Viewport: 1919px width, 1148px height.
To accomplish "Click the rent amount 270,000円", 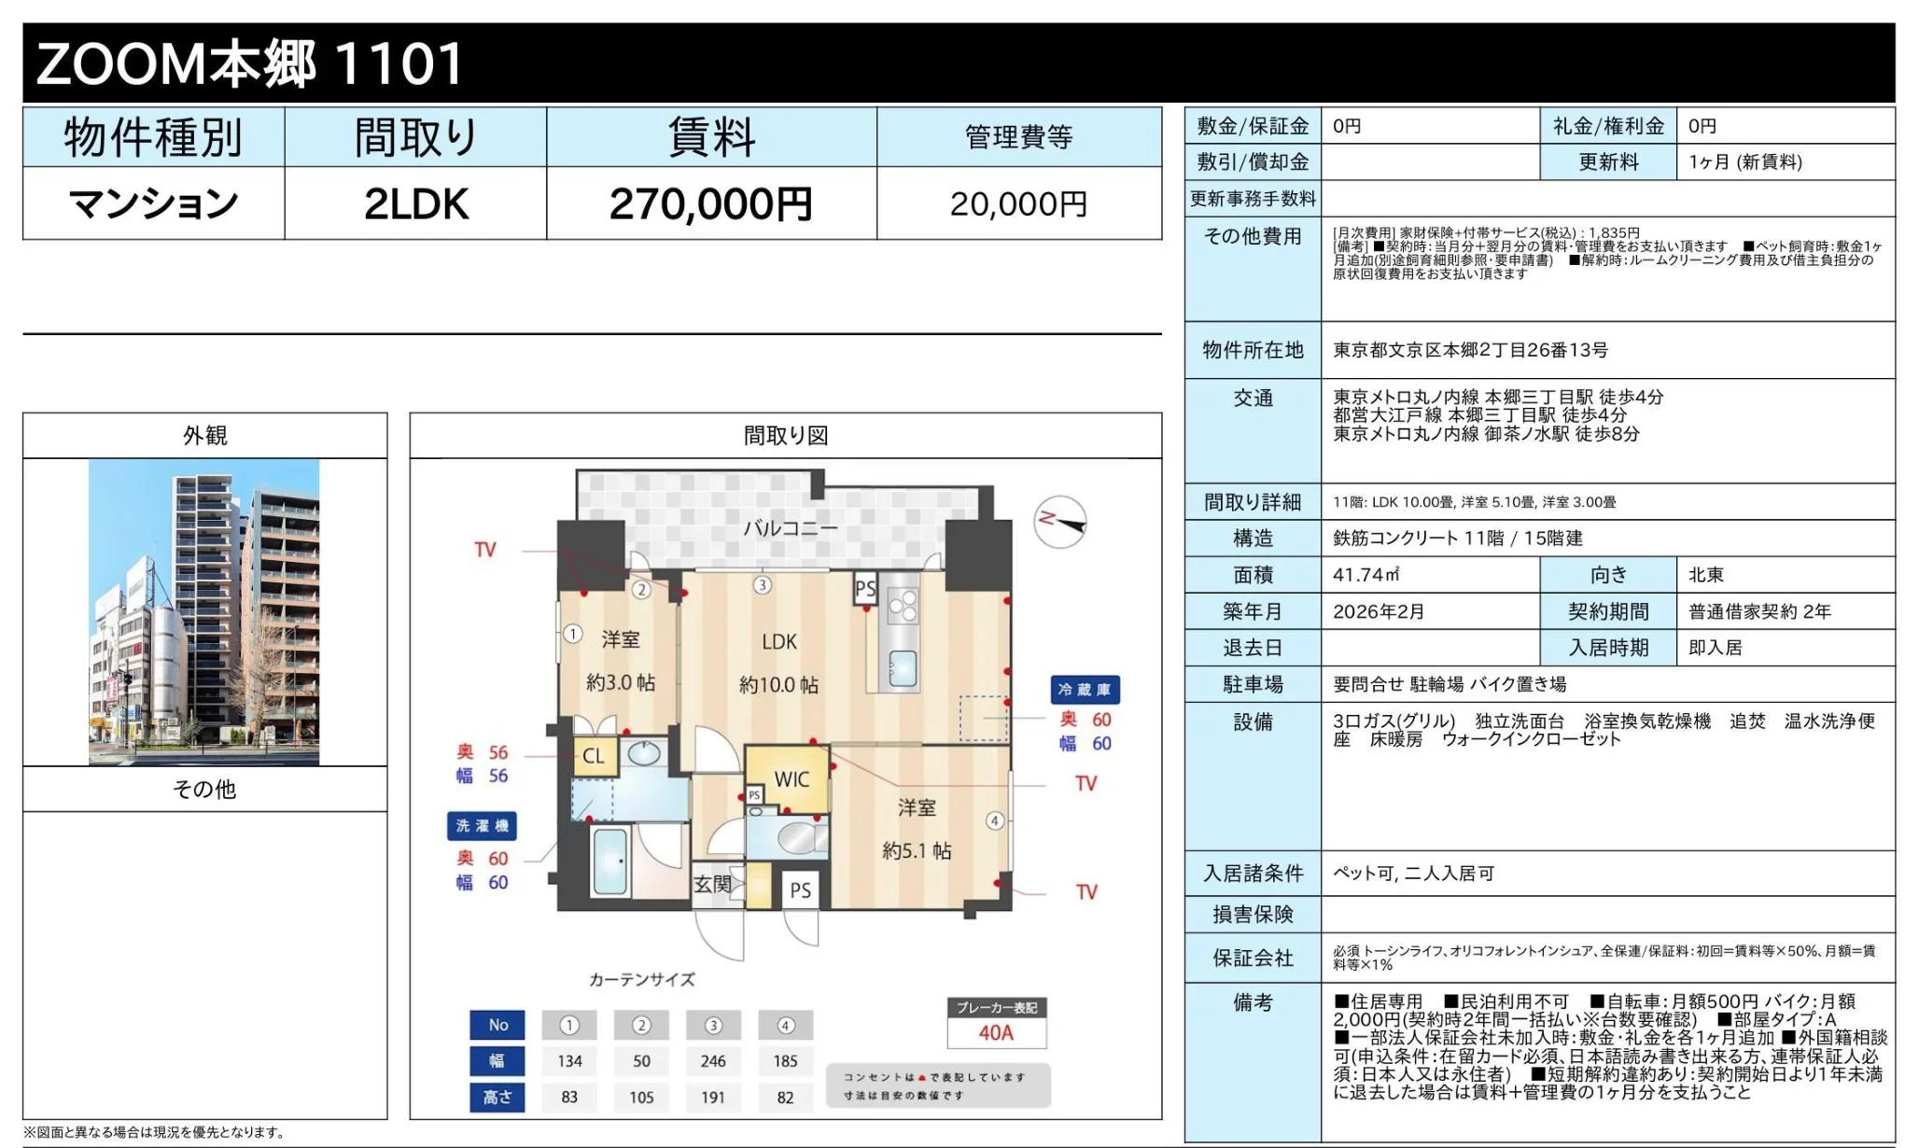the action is (x=711, y=204).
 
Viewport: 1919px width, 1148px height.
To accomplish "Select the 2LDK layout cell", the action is (x=416, y=204).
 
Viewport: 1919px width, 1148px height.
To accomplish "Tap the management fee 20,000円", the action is (x=1018, y=204).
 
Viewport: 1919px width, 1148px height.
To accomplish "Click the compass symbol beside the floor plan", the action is (x=1061, y=521).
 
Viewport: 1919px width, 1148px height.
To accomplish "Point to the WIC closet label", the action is (x=791, y=779).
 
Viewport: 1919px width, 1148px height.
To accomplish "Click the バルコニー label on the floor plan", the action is (x=791, y=528).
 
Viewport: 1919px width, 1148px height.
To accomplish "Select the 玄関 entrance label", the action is (x=712, y=884).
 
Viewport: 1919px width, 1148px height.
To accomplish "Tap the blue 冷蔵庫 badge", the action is (x=1085, y=690).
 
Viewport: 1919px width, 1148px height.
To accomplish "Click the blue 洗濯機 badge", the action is (x=482, y=826).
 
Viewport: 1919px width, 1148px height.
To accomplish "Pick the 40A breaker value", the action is (x=996, y=1032).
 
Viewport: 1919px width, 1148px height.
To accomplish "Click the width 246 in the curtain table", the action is (x=713, y=1061).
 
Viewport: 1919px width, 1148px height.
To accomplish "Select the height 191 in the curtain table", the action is (x=713, y=1098).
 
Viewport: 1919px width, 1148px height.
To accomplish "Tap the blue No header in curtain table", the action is (x=497, y=1025).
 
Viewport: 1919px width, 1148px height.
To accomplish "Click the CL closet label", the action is (x=594, y=756).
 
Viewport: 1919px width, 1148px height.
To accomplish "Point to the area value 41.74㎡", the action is (x=1366, y=575).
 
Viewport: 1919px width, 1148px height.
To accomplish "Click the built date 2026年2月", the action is (x=1379, y=611).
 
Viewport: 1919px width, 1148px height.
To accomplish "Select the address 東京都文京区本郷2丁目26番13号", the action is (x=1470, y=350).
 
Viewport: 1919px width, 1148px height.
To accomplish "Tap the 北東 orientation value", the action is (x=1706, y=575).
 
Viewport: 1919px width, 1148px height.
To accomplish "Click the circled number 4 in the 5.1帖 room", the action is (x=995, y=821).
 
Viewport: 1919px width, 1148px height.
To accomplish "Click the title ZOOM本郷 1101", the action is (x=249, y=63).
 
